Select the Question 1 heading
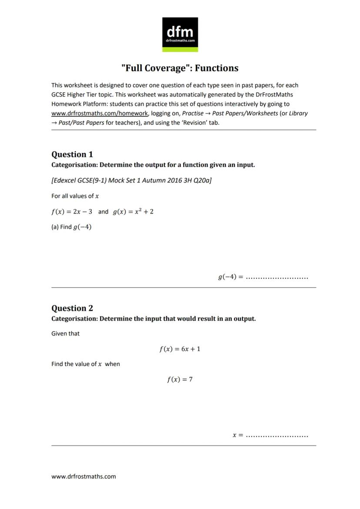[72, 154]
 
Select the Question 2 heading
[72, 308]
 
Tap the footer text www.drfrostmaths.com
[83, 476]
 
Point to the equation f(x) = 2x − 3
[72, 212]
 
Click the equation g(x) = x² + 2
[133, 212]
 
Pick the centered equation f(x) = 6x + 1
[180, 349]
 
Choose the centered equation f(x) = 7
[180, 379]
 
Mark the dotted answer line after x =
[277, 435]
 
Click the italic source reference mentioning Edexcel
[131, 180]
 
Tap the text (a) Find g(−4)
[71, 227]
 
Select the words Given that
[65, 334]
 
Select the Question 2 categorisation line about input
[153, 319]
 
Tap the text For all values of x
[75, 196]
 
